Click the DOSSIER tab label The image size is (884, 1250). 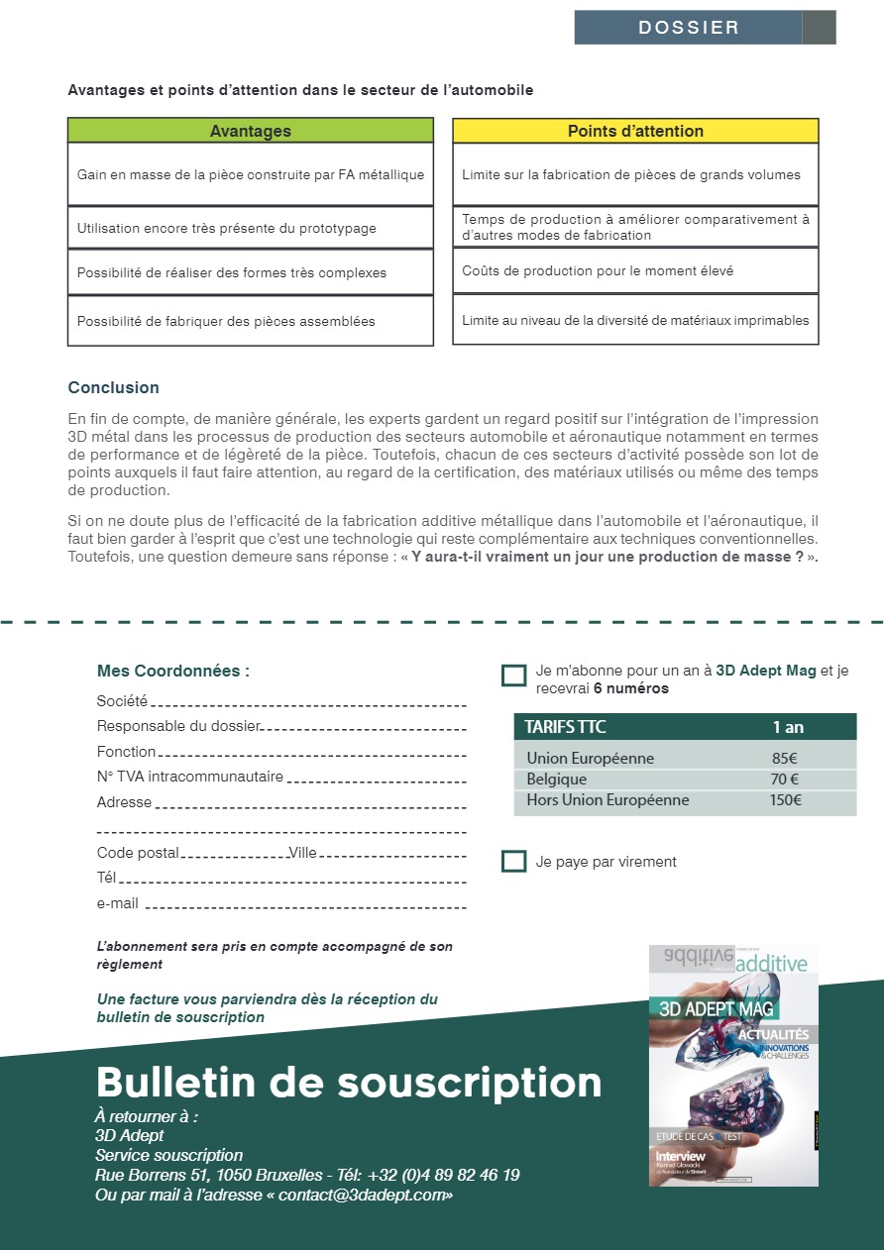pos(689,28)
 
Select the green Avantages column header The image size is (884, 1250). pos(251,131)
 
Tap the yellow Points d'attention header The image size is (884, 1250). pos(635,131)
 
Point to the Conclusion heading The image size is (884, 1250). pos(113,387)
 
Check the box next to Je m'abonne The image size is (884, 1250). pos(513,676)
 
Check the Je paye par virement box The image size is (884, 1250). pos(513,861)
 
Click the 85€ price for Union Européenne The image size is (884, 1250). pos(785,759)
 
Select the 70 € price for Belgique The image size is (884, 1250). pos(785,780)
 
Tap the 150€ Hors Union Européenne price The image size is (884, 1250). pos(785,800)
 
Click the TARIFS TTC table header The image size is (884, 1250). pos(565,727)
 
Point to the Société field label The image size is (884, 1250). pos(122,701)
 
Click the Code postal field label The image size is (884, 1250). pos(138,853)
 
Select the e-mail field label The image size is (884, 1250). pos(117,903)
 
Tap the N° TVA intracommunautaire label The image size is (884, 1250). pos(189,777)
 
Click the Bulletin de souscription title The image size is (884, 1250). pos(348,1083)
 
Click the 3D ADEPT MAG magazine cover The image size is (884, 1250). pos(733,1066)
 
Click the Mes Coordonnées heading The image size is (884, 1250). pos(172,671)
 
